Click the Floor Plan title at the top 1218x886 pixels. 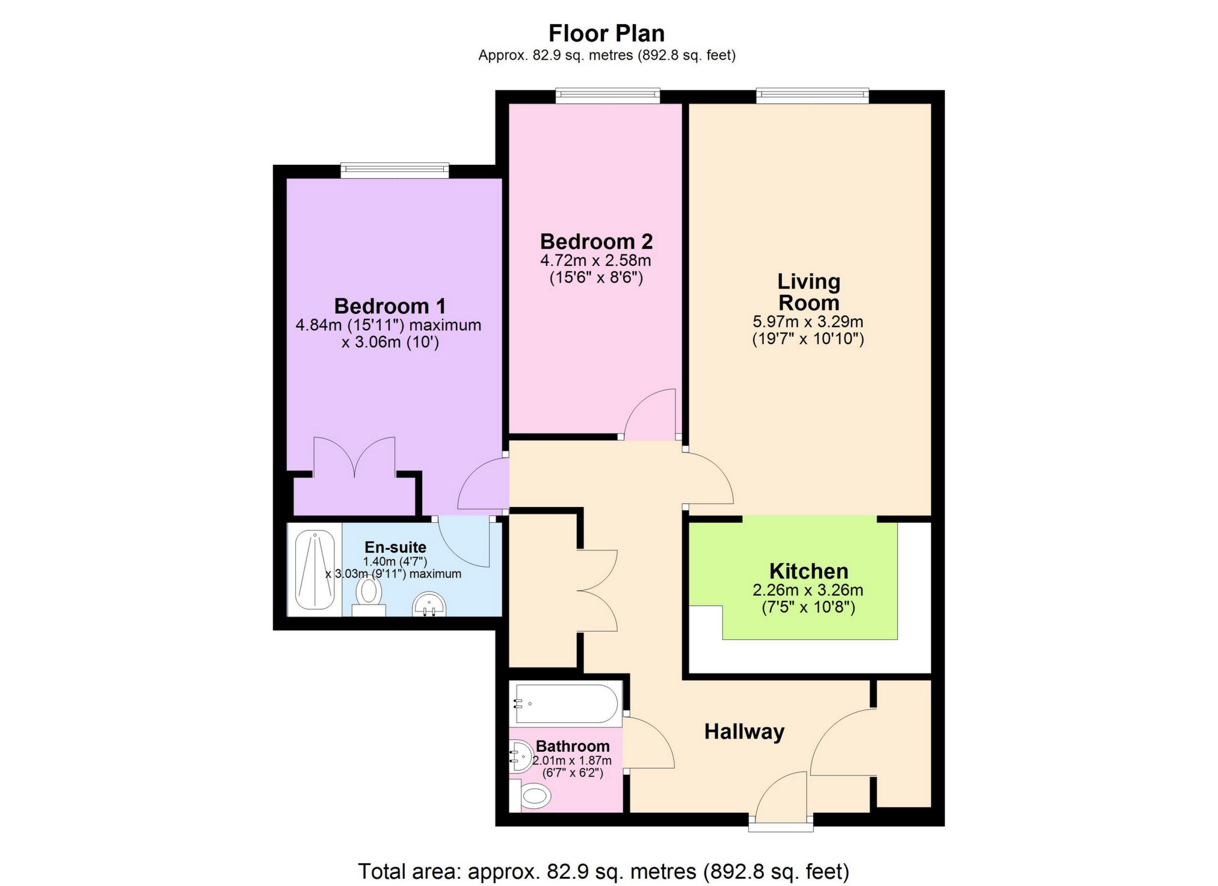pos(606,34)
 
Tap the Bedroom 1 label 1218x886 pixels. pos(390,306)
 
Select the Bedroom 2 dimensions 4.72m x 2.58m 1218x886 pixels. pos(595,260)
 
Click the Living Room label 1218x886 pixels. pos(808,292)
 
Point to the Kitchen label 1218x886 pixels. pos(808,571)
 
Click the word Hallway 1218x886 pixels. pos(744,731)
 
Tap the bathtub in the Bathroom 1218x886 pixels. pos(565,703)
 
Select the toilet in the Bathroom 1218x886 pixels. pos(535,797)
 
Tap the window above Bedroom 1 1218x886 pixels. pos(395,170)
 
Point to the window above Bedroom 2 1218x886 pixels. pos(607,96)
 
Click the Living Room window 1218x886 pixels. pos(813,96)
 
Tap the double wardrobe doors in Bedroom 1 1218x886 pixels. pos(355,457)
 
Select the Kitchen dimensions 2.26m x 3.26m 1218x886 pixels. pos(808,590)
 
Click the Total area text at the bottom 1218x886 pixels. pos(603,871)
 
